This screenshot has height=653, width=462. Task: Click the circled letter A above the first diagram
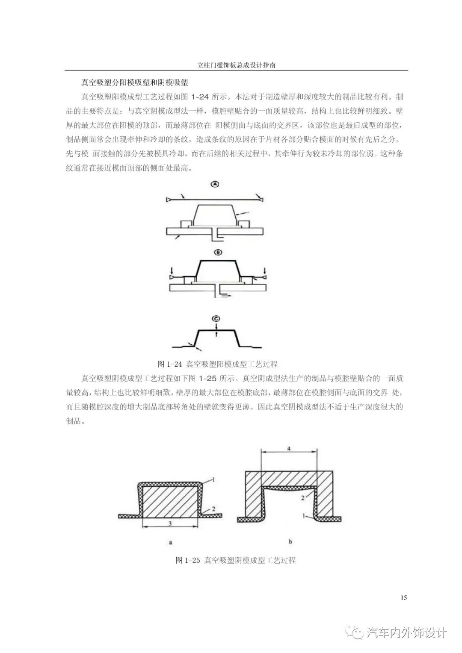(x=215, y=184)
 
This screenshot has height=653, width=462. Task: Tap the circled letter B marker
(x=218, y=253)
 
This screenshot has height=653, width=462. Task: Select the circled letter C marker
(x=216, y=318)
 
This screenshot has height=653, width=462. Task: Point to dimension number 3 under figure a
(x=170, y=524)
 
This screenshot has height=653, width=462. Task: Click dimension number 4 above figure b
(x=289, y=449)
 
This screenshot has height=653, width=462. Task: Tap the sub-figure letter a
(x=170, y=542)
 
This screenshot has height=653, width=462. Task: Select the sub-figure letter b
(x=290, y=542)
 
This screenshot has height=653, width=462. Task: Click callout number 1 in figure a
(x=213, y=480)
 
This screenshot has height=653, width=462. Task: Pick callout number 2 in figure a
(x=213, y=509)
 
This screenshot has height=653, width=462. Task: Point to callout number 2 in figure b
(x=302, y=498)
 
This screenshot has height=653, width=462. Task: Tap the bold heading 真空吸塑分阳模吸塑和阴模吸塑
(x=135, y=82)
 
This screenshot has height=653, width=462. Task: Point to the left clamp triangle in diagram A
(x=168, y=200)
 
